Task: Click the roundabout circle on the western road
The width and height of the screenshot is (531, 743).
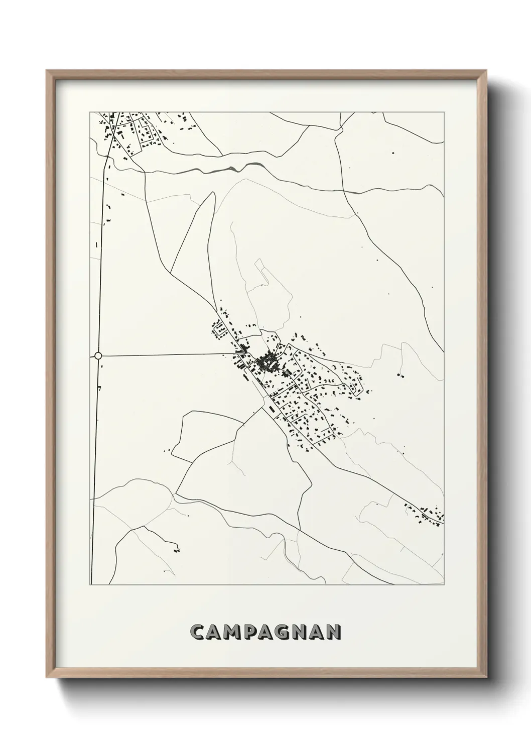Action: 98,355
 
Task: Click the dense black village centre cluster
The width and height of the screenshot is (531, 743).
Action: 265,361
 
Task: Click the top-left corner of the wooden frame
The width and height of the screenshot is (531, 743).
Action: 47,70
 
